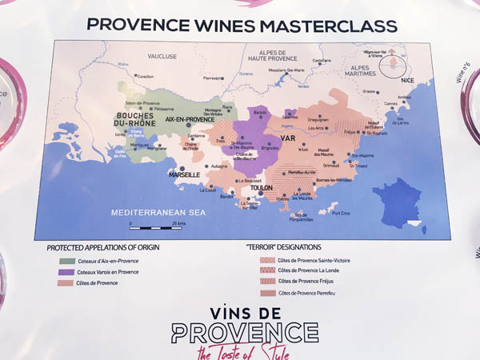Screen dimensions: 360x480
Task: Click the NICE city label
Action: pos(409,81)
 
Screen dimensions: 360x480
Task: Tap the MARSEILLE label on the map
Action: pos(184,174)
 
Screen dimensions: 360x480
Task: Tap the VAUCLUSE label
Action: pos(162,57)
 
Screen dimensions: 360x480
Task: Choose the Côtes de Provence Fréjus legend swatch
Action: pos(266,282)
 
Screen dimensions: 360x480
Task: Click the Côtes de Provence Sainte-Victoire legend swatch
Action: pos(266,260)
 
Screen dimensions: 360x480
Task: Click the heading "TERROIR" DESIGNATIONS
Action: pos(288,247)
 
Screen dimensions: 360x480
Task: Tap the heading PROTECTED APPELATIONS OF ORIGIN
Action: pos(103,247)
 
